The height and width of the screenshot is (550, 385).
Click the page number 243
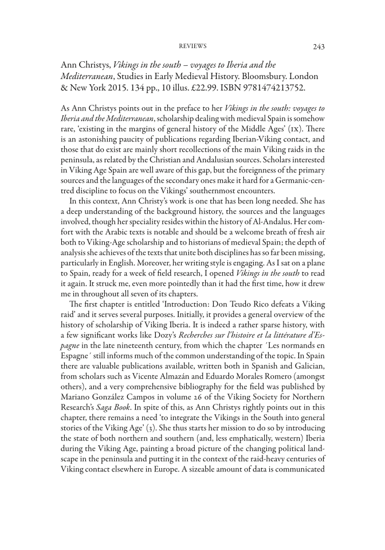pyautogui.click(x=319, y=47)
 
